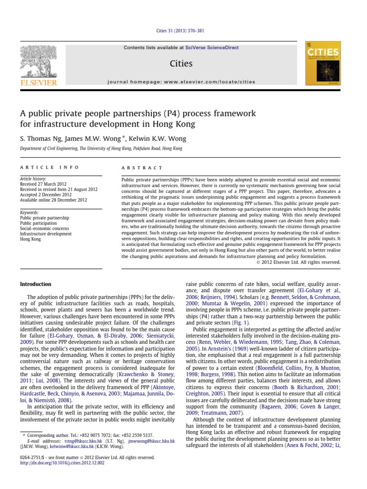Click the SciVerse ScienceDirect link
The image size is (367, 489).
coord(216,48)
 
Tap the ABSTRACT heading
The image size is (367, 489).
coord(143,168)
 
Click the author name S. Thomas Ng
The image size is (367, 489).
coord(41,139)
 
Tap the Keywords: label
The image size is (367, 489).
coord(30,213)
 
